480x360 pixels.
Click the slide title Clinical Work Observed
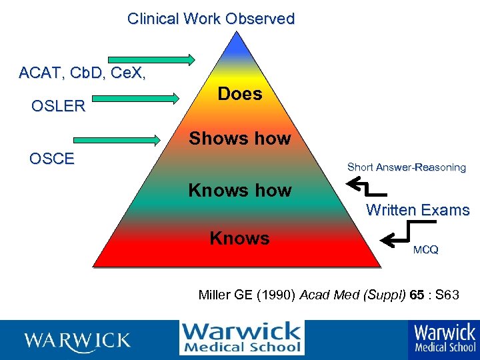[211, 19]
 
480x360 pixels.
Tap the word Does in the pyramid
[240, 94]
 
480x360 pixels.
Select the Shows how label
[240, 139]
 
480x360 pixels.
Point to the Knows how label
[240, 191]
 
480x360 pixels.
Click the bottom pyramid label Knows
[240, 238]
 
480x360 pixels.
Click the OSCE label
[52, 159]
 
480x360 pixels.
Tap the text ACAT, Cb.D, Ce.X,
[83, 73]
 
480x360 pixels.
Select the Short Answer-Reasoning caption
[406, 167]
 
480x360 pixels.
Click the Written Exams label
[418, 210]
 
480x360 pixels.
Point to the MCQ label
[425, 250]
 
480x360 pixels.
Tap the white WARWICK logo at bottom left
[77, 341]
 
